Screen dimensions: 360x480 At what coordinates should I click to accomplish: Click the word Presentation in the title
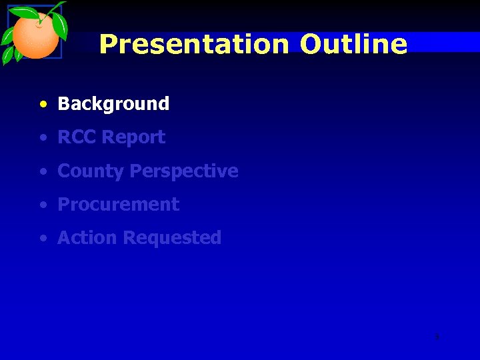coord(194,45)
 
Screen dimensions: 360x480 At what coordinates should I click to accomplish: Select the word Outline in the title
coord(353,45)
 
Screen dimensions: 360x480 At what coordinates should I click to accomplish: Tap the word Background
coord(113,104)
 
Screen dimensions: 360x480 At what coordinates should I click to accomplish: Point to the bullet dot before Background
coord(43,105)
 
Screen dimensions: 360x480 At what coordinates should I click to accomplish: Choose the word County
coord(91,171)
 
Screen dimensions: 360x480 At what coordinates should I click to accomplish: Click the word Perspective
coord(184,171)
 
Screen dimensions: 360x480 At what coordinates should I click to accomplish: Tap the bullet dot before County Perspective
coord(43,172)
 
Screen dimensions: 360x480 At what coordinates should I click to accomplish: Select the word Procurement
coord(119,205)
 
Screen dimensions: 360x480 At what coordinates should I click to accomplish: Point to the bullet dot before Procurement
coord(43,205)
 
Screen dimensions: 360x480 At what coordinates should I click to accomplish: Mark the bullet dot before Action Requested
coord(43,239)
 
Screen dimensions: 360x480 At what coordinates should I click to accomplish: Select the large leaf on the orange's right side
coord(61,26)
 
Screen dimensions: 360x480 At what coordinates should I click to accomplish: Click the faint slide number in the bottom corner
coord(437,337)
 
